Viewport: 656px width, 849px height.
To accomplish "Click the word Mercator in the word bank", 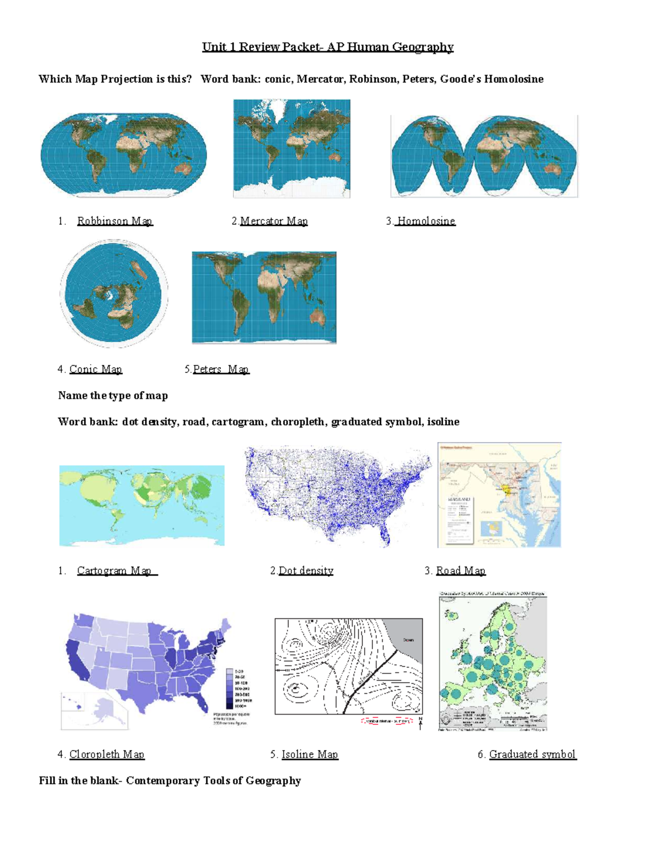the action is coord(320,79).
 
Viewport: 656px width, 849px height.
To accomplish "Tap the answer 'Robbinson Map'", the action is coord(114,221).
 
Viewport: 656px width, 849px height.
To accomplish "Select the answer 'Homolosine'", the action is coord(426,221).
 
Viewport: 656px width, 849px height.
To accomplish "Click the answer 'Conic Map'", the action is coord(96,369).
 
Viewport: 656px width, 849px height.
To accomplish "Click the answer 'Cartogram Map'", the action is coord(116,571).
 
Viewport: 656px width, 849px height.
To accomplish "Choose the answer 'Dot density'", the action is coord(306,571).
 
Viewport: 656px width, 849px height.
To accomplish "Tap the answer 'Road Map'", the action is coord(460,571).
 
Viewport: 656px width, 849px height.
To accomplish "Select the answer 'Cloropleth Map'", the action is coord(107,754).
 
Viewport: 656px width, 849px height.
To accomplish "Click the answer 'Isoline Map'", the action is coord(309,754).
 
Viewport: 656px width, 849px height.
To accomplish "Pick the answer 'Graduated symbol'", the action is coord(532,754).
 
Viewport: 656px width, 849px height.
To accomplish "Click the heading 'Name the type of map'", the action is coord(113,396).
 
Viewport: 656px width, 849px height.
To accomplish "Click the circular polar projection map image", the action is coord(114,294).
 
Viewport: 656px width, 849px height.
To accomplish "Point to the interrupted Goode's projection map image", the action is coord(484,156).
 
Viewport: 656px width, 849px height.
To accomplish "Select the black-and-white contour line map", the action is coord(348,666).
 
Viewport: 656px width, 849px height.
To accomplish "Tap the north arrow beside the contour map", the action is coord(420,723).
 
